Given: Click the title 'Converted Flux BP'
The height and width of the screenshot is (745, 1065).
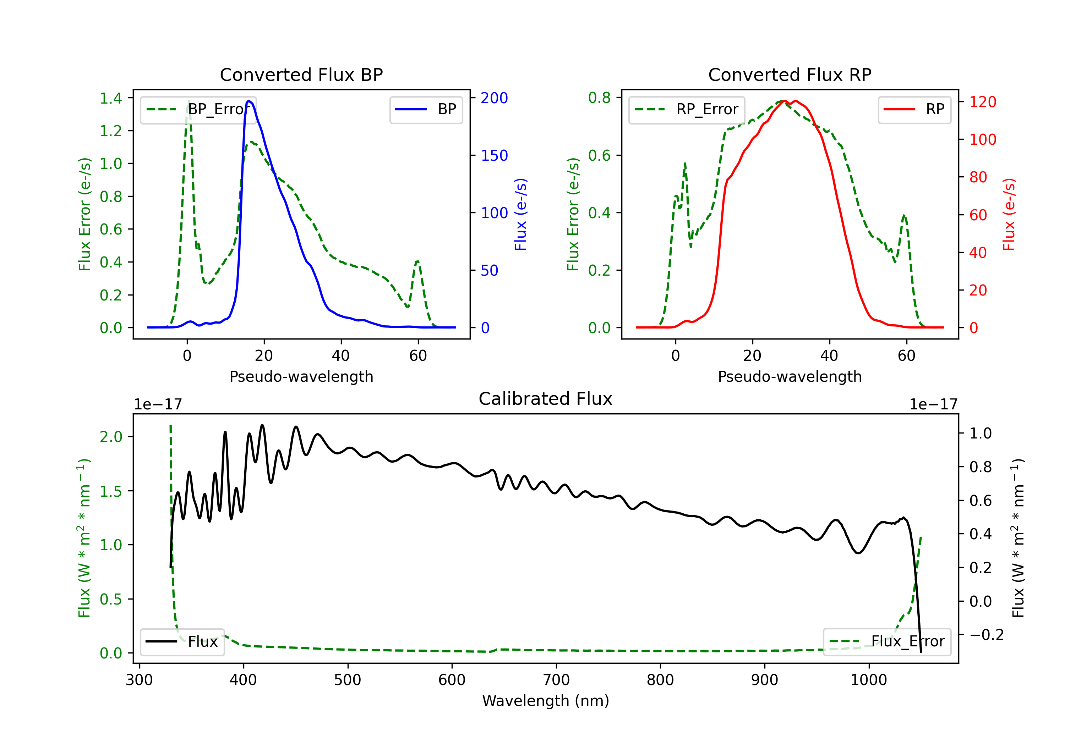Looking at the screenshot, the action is (x=301, y=74).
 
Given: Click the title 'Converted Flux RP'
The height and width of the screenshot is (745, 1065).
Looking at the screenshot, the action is (x=790, y=74).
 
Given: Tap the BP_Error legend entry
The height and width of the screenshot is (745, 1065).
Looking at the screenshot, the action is (x=198, y=109).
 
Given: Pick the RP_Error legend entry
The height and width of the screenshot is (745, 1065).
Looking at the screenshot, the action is (x=687, y=109).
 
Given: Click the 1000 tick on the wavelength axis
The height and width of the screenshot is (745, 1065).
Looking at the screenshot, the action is (x=869, y=680).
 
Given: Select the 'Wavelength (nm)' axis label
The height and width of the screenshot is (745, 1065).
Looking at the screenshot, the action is (x=546, y=701).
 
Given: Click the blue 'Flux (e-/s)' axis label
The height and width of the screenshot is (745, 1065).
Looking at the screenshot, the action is (x=520, y=215).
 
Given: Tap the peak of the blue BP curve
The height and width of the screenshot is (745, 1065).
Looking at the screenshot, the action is (x=249, y=101).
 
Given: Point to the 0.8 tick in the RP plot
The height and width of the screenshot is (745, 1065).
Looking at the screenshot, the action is (x=599, y=98).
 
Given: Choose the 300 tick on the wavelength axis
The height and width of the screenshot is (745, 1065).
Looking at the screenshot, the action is (x=139, y=680).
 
